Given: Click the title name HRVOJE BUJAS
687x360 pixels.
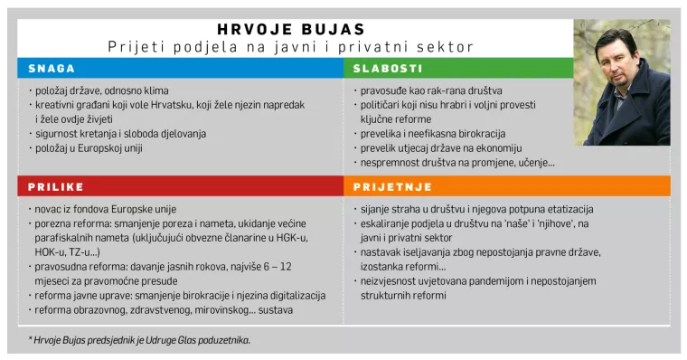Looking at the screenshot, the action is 291,29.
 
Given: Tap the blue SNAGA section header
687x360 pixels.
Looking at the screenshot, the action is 52,68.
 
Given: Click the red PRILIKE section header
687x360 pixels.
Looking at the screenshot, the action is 55,186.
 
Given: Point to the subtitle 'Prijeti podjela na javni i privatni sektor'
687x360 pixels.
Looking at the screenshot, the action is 291,46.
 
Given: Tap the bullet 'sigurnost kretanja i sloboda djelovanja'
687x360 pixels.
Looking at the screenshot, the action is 120,133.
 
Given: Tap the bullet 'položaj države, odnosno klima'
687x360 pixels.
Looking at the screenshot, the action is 101,90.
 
